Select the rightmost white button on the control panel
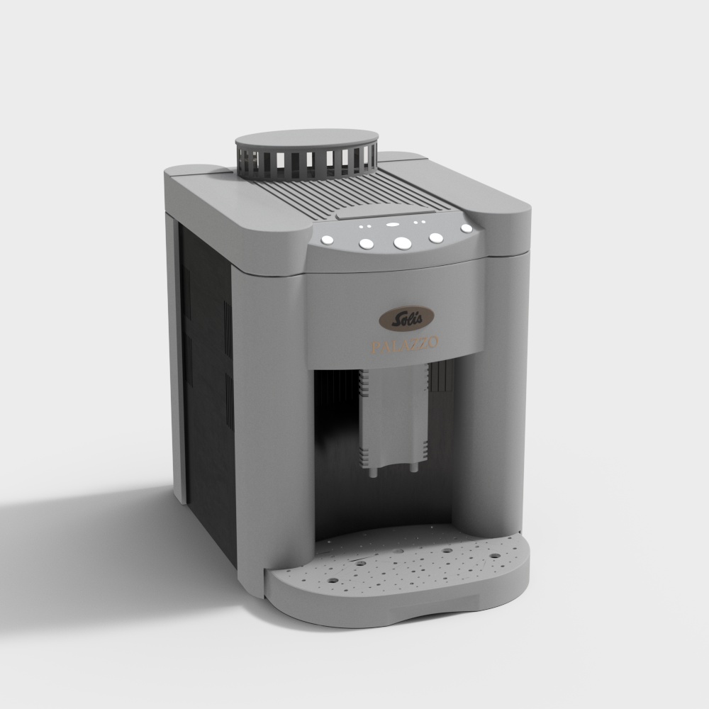point(466,229)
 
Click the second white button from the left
point(366,244)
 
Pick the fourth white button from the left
point(436,238)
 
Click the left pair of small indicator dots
point(364,227)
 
